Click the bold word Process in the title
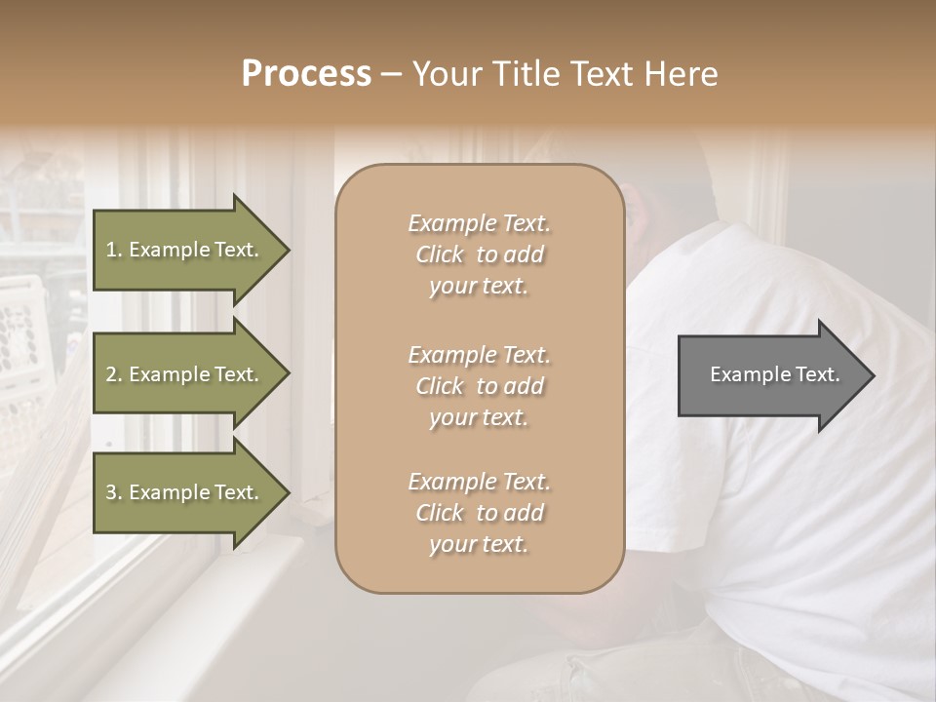306,74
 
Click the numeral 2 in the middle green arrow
112,374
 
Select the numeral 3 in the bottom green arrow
112,493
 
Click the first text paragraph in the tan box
479,254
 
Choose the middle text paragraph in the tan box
479,386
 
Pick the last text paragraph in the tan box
479,513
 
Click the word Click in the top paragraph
440,254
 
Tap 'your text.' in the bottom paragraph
479,544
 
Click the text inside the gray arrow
774,374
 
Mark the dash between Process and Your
391,74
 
